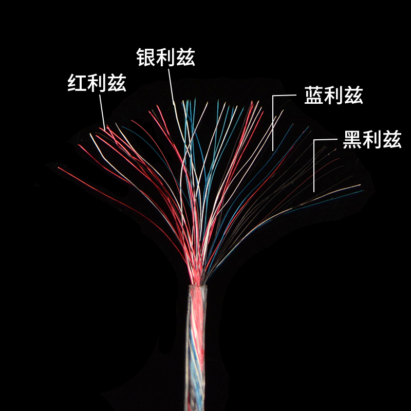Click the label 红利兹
point(97,83)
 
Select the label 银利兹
point(165,58)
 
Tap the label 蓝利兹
point(333,96)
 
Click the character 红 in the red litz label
point(77,83)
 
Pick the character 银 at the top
point(146,58)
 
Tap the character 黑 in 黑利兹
point(352,139)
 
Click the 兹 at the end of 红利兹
point(117,83)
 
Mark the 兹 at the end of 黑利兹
point(392,139)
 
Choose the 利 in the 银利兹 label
point(165,58)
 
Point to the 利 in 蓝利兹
point(333,96)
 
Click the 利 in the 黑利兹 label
point(372,139)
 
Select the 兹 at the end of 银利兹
point(185,58)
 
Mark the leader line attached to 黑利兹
point(314,164)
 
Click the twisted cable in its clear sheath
point(196,349)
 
